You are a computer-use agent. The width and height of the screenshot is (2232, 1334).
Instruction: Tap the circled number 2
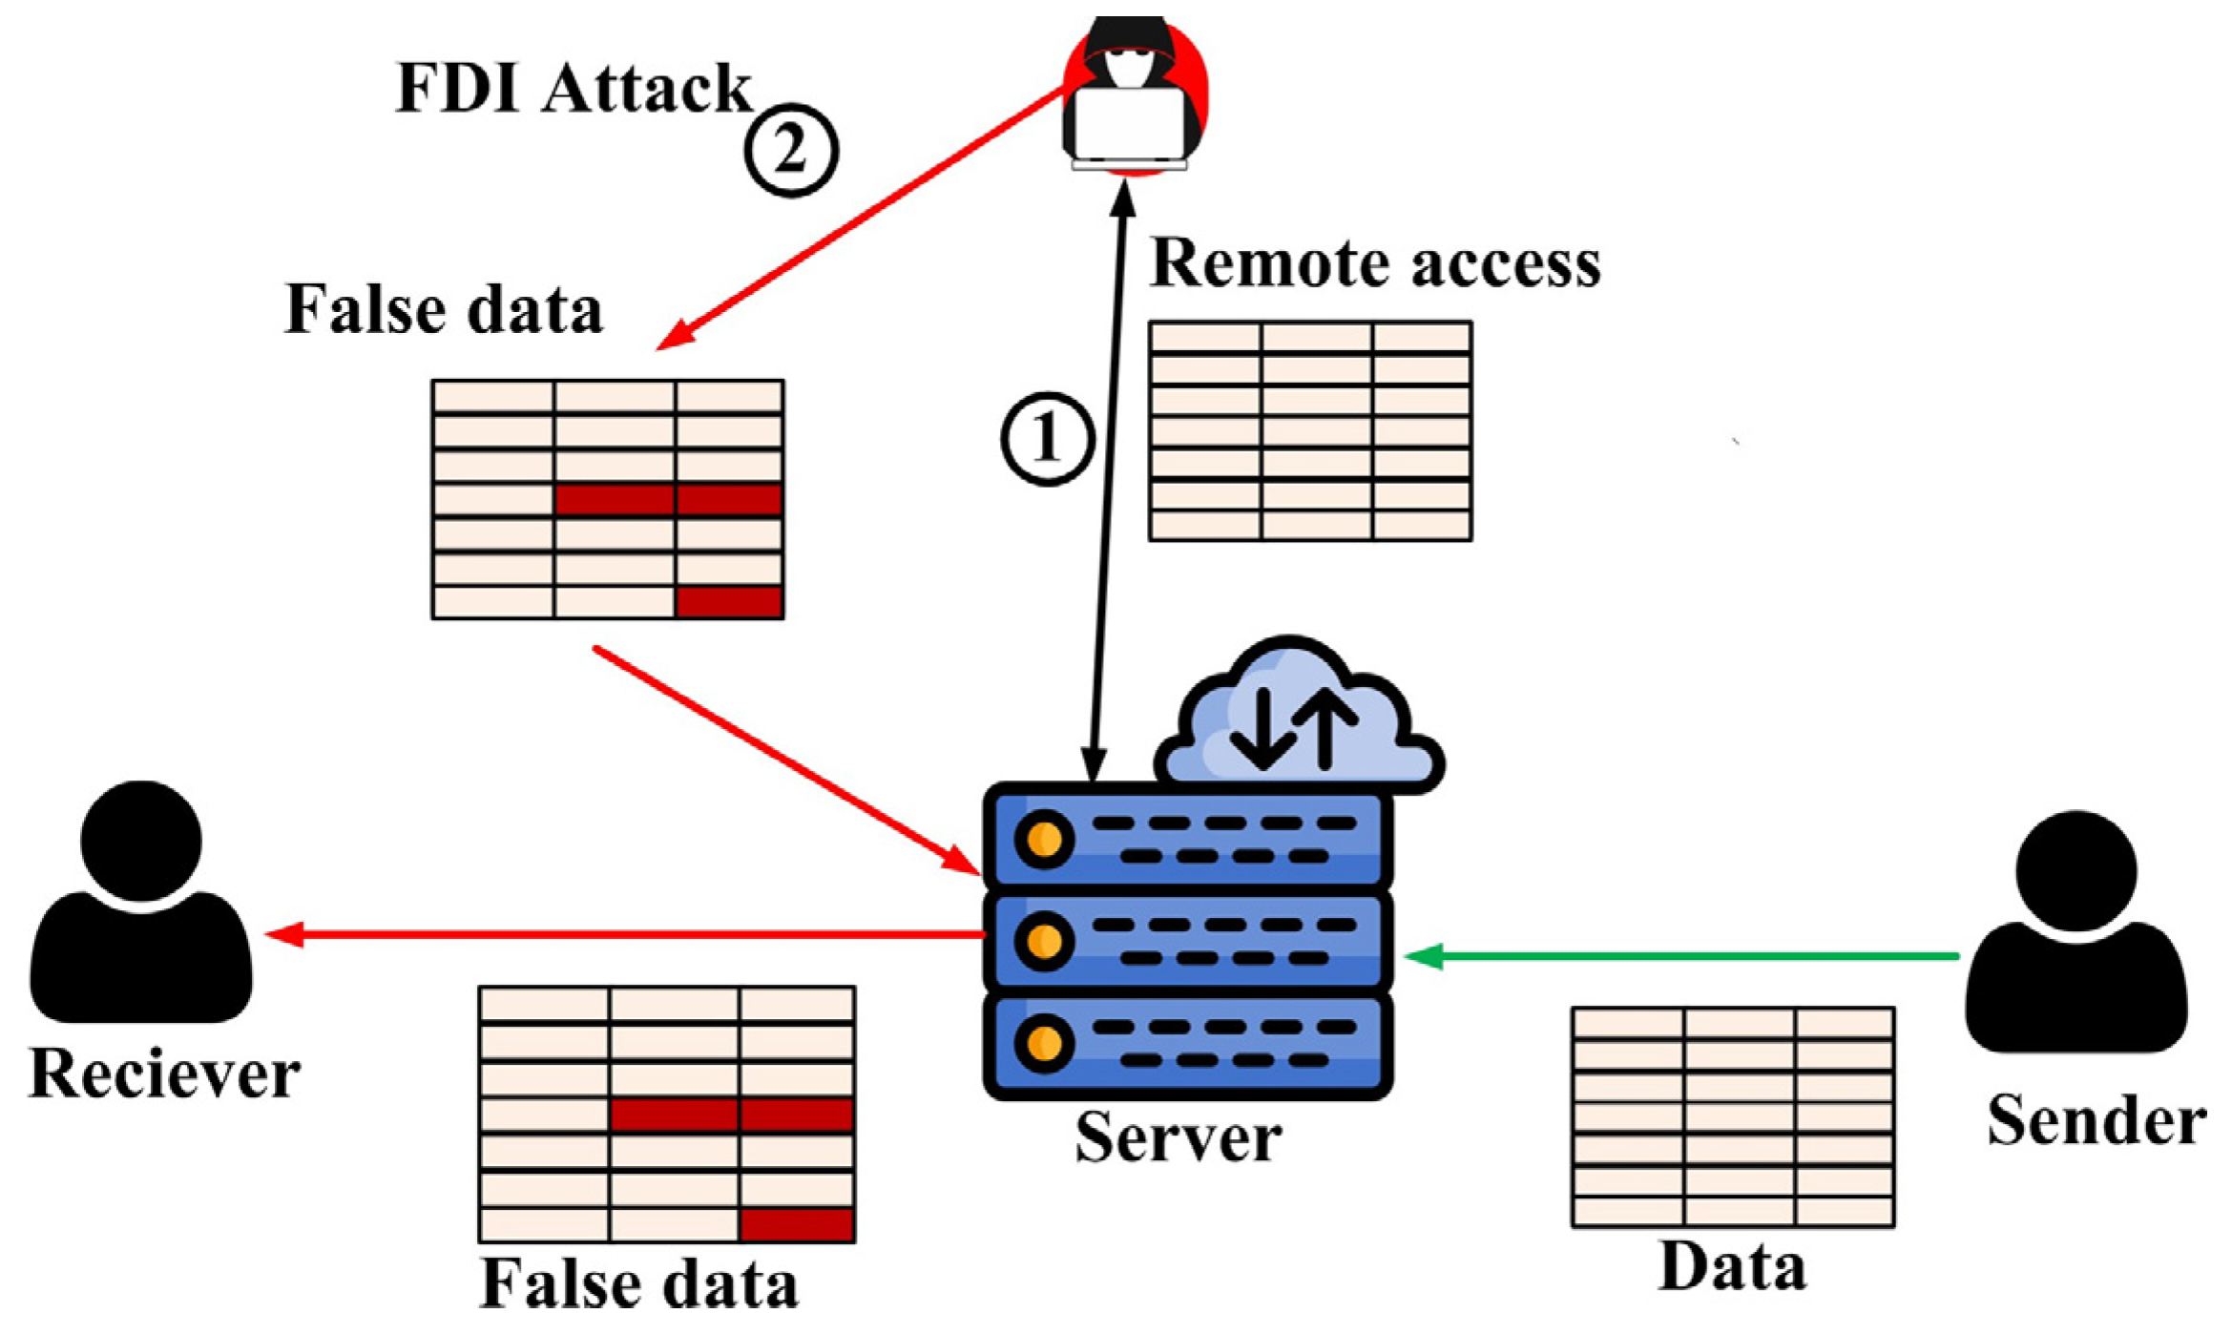tap(791, 151)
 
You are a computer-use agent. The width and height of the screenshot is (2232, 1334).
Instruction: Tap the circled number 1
tap(1047, 439)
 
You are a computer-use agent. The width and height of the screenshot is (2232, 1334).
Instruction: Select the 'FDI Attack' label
tap(574, 89)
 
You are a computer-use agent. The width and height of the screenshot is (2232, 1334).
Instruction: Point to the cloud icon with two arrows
tap(1298, 720)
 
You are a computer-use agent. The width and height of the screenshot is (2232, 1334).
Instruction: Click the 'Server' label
tap(1178, 1137)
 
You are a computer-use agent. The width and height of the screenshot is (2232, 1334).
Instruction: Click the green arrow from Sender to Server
tap(1679, 955)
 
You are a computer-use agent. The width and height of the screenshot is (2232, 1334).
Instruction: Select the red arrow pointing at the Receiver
tap(620, 933)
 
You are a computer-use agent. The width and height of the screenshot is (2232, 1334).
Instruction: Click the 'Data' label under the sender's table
tap(1732, 1267)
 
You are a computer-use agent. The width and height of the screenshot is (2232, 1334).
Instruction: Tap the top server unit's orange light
tap(1044, 840)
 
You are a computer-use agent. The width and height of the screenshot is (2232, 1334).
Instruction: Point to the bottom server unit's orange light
tap(1044, 1043)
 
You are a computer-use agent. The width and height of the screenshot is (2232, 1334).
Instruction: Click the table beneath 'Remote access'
tap(1309, 431)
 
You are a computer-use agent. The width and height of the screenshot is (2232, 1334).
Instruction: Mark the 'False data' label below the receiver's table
tap(638, 1283)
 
